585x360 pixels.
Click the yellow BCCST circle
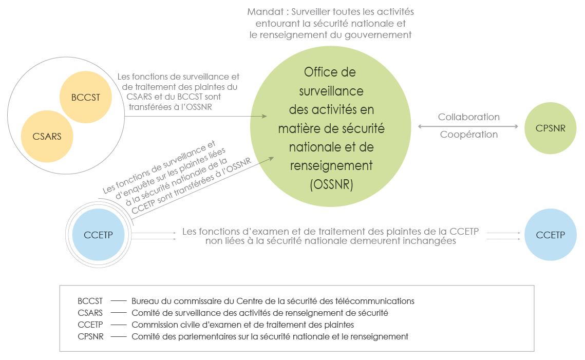pyautogui.click(x=86, y=98)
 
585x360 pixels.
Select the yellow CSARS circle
pyautogui.click(x=47, y=137)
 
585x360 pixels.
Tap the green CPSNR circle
pyautogui.click(x=550, y=128)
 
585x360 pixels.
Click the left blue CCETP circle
pyautogui.click(x=98, y=235)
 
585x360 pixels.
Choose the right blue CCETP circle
pyautogui.click(x=550, y=235)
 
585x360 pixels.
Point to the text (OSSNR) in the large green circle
pyautogui.click(x=331, y=184)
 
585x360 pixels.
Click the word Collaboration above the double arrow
pyautogui.click(x=468, y=117)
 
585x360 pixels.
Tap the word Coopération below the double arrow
pyautogui.click(x=468, y=135)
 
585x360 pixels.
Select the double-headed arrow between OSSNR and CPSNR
pyautogui.click(x=468, y=126)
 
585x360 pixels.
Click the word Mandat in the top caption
pyautogui.click(x=265, y=12)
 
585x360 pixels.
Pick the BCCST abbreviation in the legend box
pyautogui.click(x=90, y=301)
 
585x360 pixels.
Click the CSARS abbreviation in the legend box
pyautogui.click(x=90, y=313)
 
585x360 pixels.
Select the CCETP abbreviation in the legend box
pyautogui.click(x=90, y=325)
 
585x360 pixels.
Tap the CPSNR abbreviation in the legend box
pyautogui.click(x=91, y=336)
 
